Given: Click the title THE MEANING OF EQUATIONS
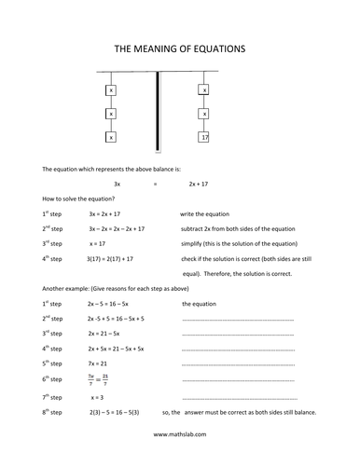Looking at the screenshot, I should pyautogui.click(x=180, y=47).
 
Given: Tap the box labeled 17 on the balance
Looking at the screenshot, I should pyautogui.click(x=204, y=137).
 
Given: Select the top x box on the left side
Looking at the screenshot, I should pyautogui.click(x=112, y=90).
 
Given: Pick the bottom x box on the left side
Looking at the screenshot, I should pyautogui.click(x=112, y=137).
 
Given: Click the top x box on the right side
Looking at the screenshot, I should pyautogui.click(x=204, y=90).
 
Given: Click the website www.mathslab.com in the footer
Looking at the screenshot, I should pyautogui.click(x=180, y=434).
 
